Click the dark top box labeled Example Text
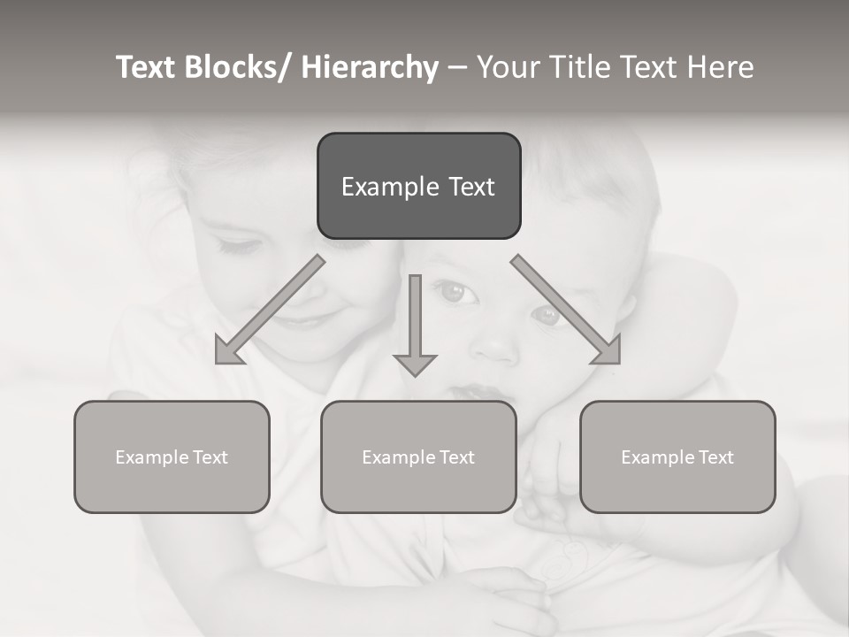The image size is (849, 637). coord(418,186)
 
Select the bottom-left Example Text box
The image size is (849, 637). coord(172,457)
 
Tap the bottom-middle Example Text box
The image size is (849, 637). coord(418,457)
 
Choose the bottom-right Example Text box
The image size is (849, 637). coord(677,457)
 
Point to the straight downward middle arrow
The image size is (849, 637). coord(415,318)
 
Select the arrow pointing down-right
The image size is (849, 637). coord(566,310)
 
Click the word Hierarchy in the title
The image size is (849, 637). coord(370,67)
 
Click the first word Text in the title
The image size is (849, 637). coord(146,67)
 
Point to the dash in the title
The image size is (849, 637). coord(456,67)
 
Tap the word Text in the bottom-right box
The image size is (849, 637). coord(715,457)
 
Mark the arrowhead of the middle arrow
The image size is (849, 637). coord(415,364)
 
